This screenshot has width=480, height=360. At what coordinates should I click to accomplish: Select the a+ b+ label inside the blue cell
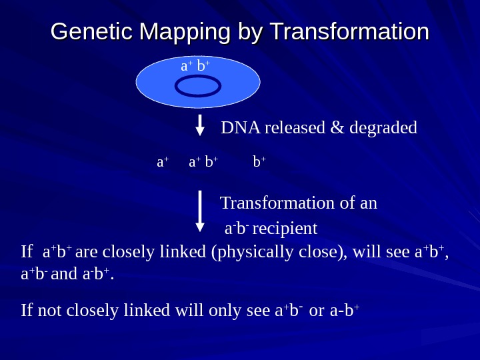pyautogui.click(x=195, y=67)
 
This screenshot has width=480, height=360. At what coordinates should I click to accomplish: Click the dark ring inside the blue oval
pyautogui.click(x=198, y=86)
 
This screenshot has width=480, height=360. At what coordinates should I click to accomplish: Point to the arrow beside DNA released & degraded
pyautogui.click(x=200, y=125)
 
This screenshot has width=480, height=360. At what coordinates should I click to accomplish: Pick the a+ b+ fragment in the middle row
pyautogui.click(x=203, y=162)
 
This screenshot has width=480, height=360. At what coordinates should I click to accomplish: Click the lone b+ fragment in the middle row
pyautogui.click(x=259, y=162)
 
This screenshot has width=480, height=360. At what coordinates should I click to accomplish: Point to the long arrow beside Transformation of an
pyautogui.click(x=200, y=211)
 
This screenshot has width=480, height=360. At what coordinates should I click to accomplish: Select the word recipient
pyautogui.click(x=285, y=229)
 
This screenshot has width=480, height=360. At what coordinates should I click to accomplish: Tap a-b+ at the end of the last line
pyautogui.click(x=345, y=311)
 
